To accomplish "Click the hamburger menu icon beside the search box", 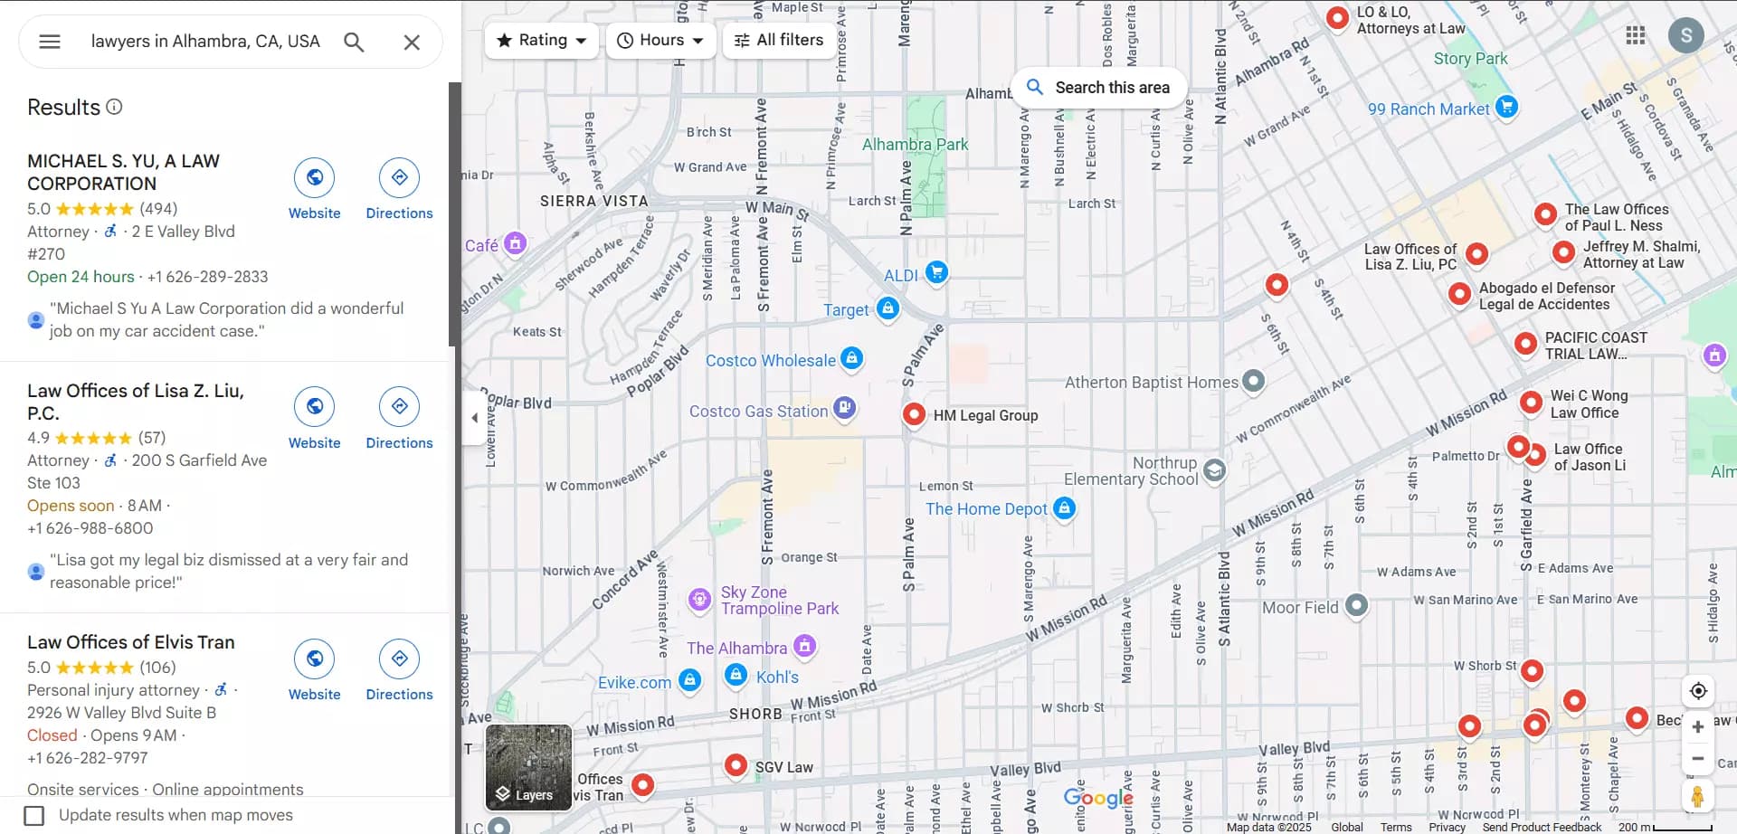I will (50, 42).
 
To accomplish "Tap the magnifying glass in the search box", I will (354, 42).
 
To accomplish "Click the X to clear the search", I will (412, 42).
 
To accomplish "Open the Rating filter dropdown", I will (542, 40).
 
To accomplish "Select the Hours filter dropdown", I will (660, 40).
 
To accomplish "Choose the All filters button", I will (779, 40).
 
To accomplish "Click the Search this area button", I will (1098, 88).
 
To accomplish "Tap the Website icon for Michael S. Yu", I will (314, 177).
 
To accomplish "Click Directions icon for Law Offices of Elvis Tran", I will (399, 659).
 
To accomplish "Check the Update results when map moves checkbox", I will (34, 815).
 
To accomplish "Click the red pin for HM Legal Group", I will (914, 413).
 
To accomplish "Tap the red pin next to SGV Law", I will (736, 765).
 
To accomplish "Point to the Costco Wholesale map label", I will (770, 360).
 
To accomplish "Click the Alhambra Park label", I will (915, 145).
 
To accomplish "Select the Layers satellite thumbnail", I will (528, 767).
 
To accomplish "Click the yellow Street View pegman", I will (1697, 796).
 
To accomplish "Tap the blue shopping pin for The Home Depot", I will (1065, 507).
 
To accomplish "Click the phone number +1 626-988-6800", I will (90, 528).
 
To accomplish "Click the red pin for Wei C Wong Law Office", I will (1531, 402).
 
